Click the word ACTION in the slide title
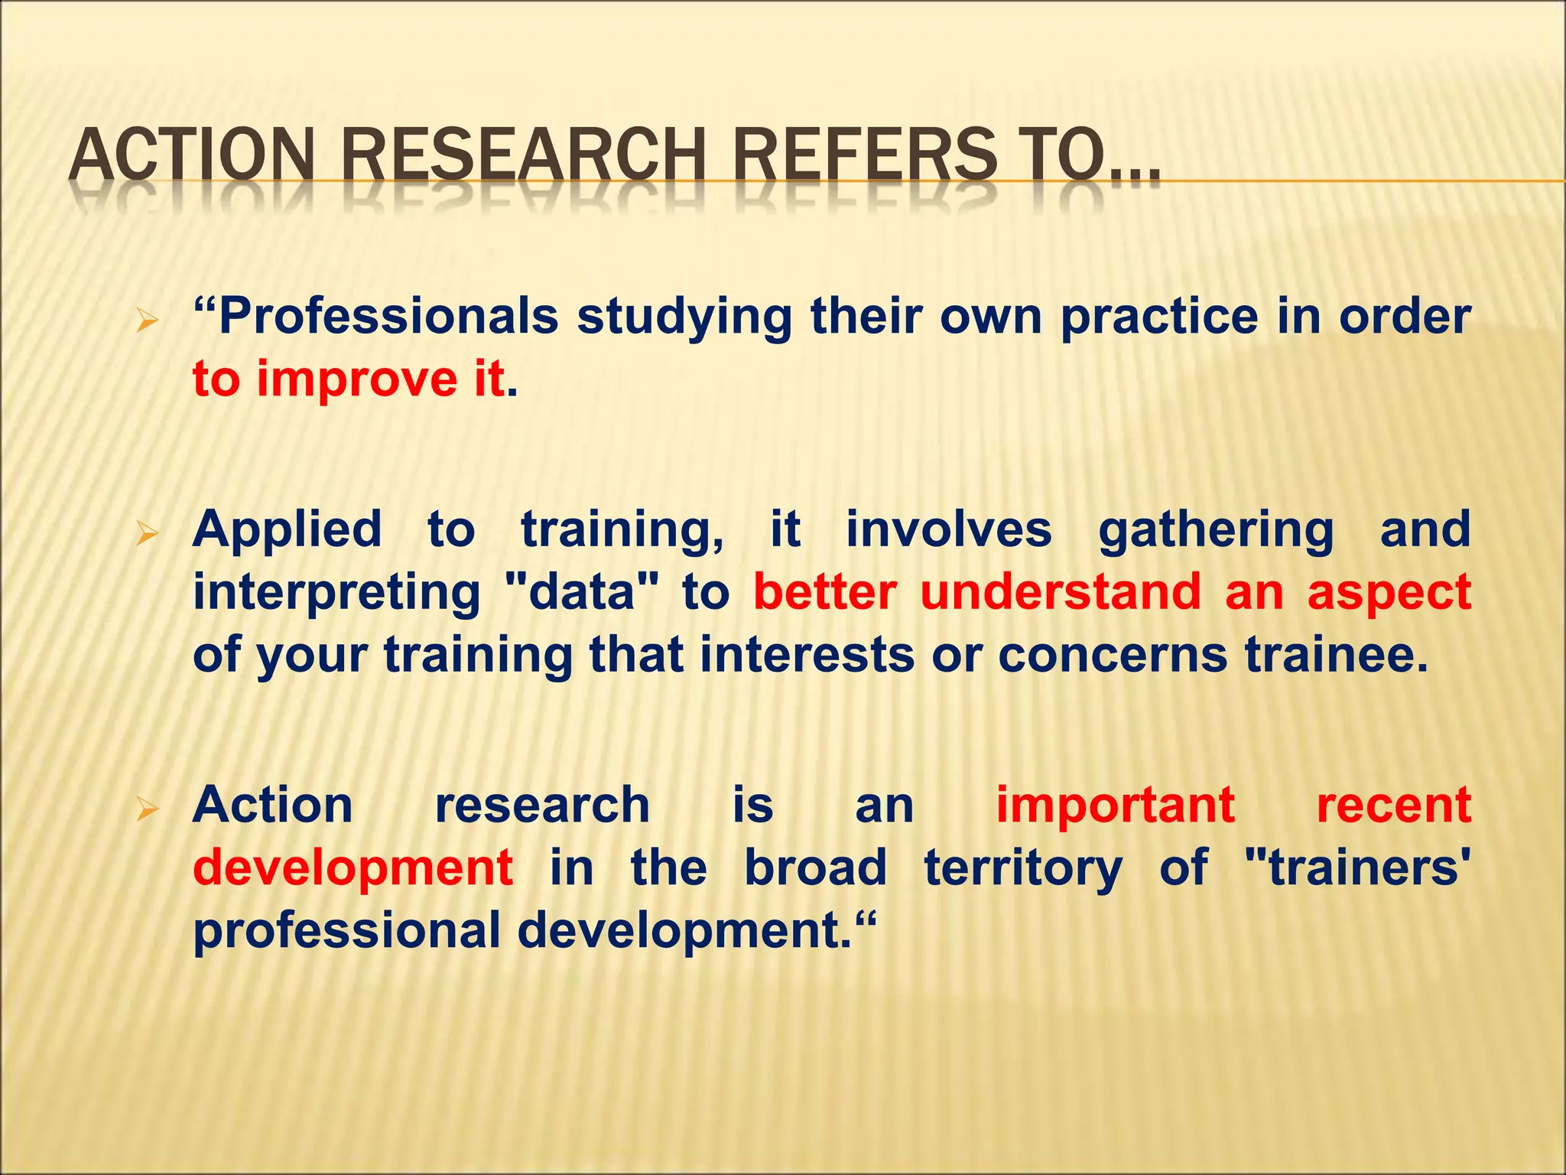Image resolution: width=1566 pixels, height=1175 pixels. coord(191,155)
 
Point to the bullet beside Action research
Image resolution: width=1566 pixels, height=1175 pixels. coord(146,808)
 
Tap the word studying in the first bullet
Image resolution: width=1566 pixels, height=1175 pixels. coord(684,317)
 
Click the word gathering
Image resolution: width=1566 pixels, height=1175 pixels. coord(1216,530)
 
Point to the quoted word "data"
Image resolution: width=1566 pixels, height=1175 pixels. coord(582,593)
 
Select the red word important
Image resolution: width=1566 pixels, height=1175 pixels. coord(1115,806)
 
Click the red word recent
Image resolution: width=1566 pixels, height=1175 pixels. coord(1393,806)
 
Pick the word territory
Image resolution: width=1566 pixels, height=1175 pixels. coord(1023,869)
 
